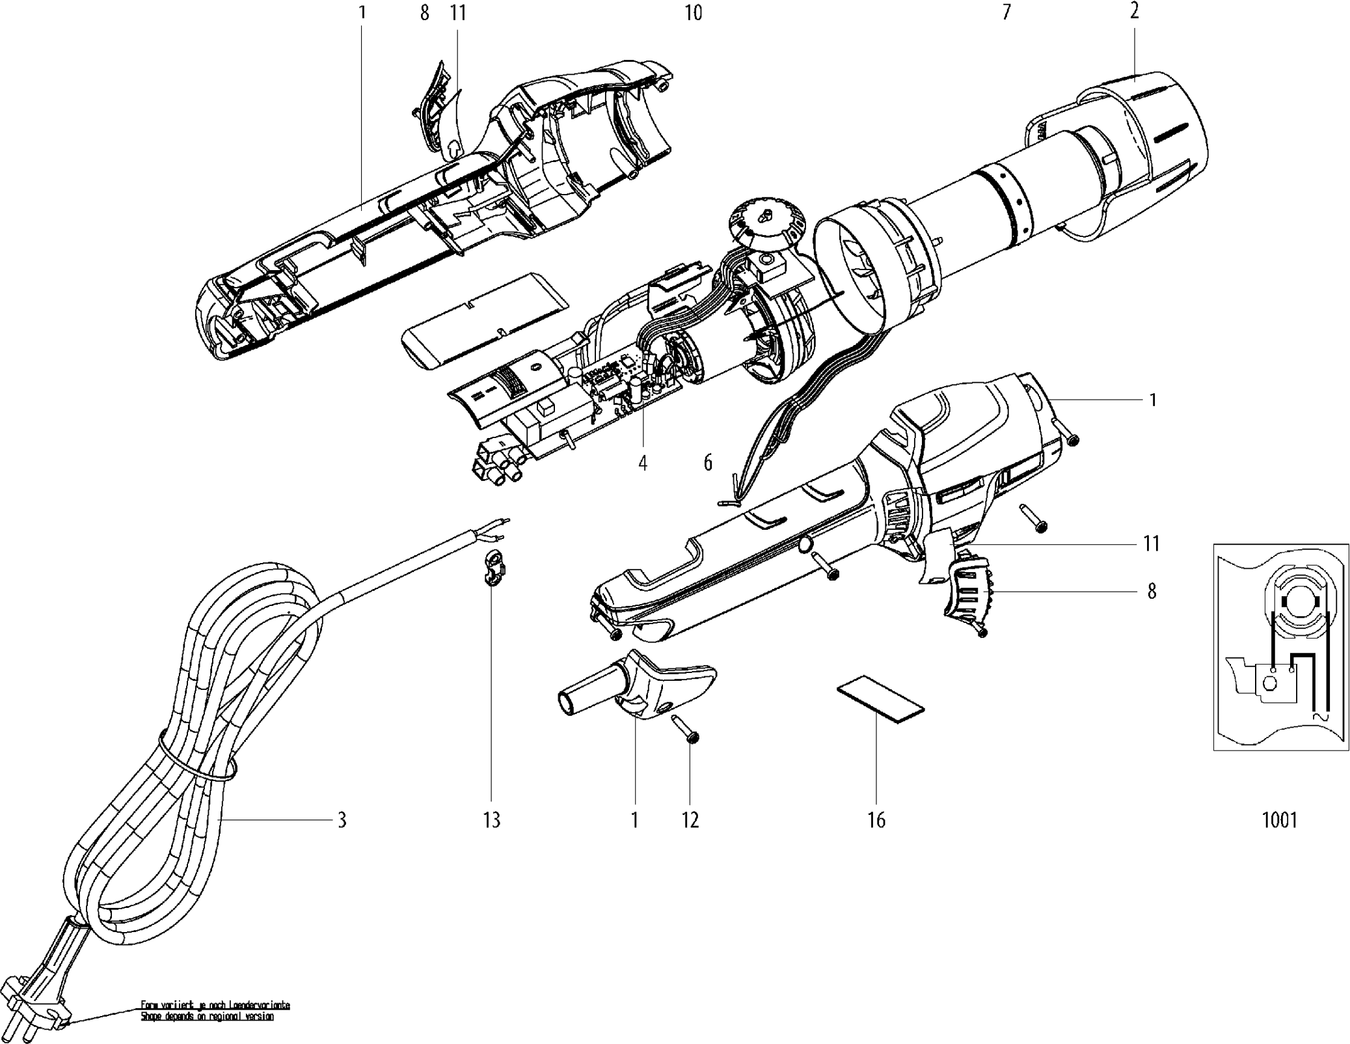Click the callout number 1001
[x=1279, y=820]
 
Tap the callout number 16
[x=876, y=820]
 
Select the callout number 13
[x=492, y=820]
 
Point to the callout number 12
[x=690, y=820]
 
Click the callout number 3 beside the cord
[x=342, y=819]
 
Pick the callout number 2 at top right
[x=1134, y=12]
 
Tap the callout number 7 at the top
[x=1006, y=12]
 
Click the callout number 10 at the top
[x=694, y=12]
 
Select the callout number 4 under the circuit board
[x=643, y=463]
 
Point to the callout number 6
[x=708, y=463]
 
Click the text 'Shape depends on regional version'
[x=207, y=1017]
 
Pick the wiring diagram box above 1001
[x=1279, y=646]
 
